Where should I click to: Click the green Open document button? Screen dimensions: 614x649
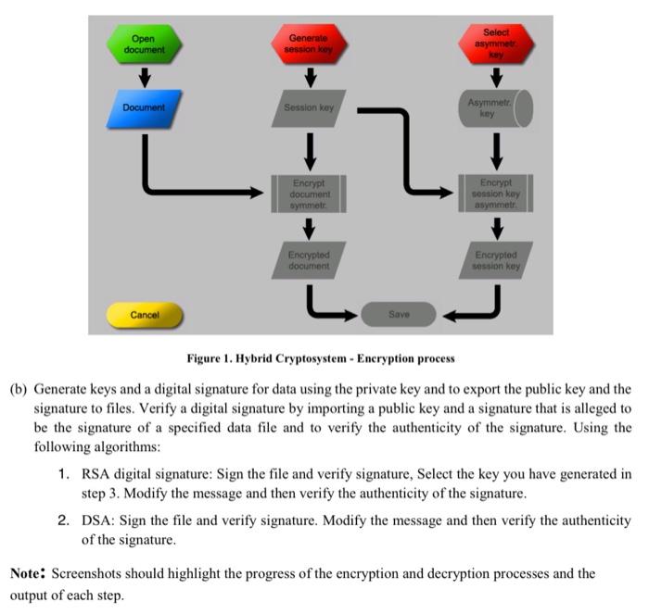[143, 44]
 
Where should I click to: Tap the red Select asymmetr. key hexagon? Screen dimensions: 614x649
[496, 44]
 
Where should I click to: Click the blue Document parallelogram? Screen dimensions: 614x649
[143, 107]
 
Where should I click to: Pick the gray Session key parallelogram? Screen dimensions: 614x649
[310, 108]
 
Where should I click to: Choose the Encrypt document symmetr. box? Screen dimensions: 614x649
[310, 194]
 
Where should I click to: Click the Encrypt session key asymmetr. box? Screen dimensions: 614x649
[496, 194]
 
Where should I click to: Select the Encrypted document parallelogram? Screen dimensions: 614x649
[310, 260]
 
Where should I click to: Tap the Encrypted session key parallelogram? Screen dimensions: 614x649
[496, 260]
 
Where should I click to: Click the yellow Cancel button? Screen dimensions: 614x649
[145, 315]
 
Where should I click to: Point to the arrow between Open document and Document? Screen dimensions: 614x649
[144, 76]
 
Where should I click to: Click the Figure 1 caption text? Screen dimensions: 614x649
[321, 358]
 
